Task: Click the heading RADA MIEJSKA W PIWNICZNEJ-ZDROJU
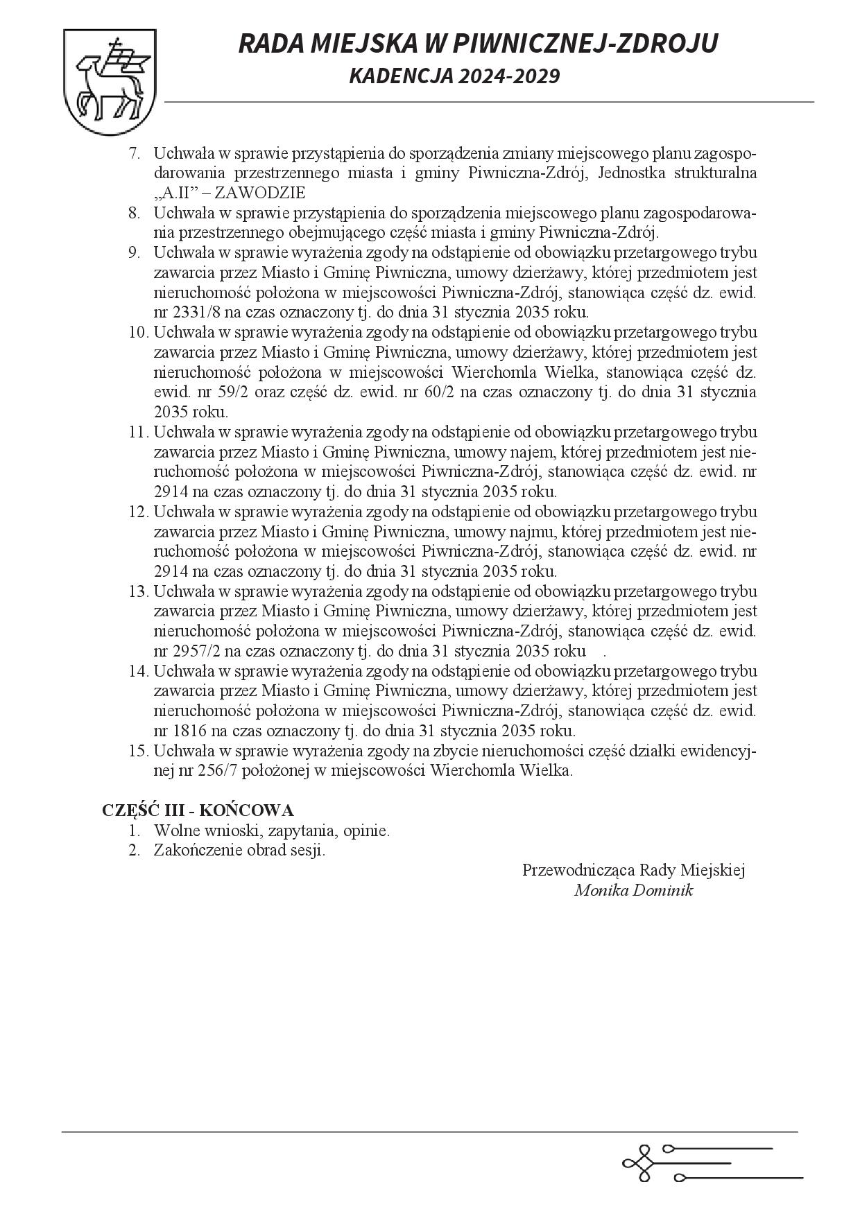[x=478, y=43]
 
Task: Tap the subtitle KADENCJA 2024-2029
[x=454, y=76]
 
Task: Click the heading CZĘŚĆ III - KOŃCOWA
[x=198, y=810]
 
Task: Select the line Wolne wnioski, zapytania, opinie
[x=272, y=831]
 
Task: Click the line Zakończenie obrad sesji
[x=239, y=851]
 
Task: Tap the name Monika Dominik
[x=633, y=891]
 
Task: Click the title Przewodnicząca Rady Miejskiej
[x=633, y=871]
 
